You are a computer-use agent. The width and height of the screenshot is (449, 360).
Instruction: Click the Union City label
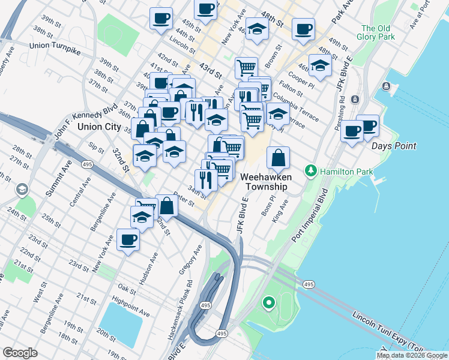tap(99, 127)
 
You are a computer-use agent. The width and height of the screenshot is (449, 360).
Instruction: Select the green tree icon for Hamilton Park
tap(310, 171)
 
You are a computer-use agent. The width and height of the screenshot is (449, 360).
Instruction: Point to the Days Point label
tap(393, 146)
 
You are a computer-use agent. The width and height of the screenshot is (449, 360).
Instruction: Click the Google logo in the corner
tap(20, 353)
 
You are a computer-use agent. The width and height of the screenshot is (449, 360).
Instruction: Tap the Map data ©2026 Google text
tap(412, 355)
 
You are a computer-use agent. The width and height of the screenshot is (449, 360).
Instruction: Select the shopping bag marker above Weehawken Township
tap(279, 159)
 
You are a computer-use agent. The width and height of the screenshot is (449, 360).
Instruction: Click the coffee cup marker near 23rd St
tap(128, 241)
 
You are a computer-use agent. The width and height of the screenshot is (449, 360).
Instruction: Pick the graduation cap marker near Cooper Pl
tap(320, 67)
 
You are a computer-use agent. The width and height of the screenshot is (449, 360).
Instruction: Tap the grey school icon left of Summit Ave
tap(22, 190)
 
